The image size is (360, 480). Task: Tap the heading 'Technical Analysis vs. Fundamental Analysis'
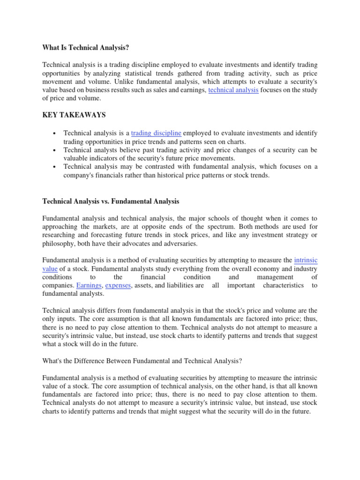click(x=111, y=201)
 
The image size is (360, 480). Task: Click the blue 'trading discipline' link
click(x=156, y=134)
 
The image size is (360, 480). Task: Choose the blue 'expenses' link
click(x=118, y=285)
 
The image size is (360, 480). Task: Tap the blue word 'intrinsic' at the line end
click(x=305, y=260)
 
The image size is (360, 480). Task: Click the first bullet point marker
click(x=55, y=134)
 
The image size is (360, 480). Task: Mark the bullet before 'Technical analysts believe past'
click(x=55, y=150)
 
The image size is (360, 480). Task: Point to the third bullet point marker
click(x=55, y=167)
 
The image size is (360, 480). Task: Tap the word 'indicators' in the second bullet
click(x=102, y=158)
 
